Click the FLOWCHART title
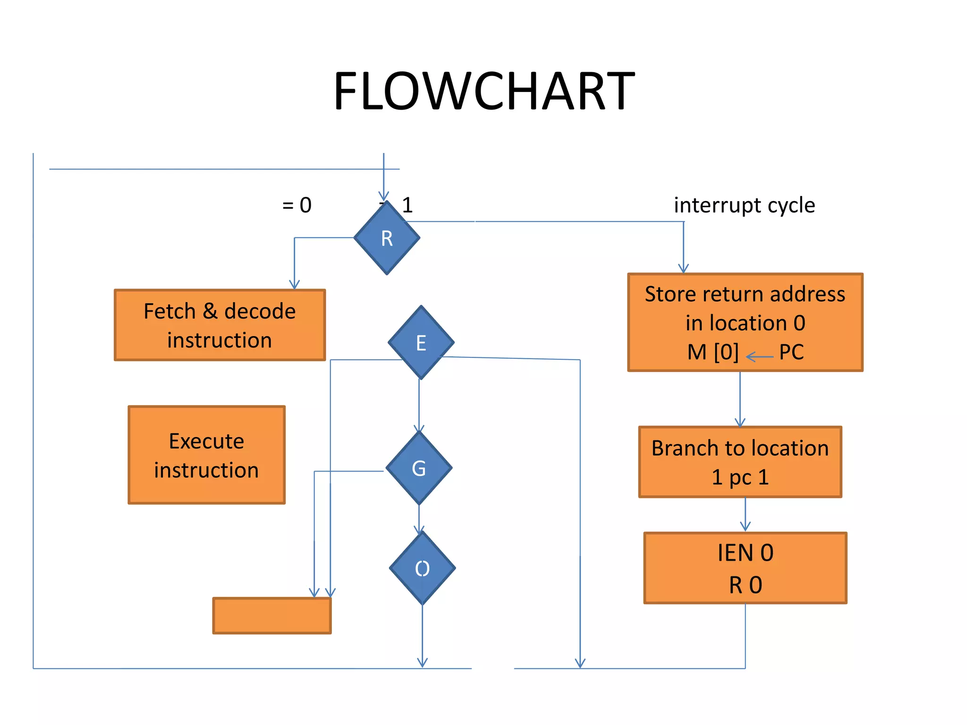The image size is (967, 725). coord(484,91)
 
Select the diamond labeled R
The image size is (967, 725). coord(387,238)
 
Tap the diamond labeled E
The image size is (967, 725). coord(421,343)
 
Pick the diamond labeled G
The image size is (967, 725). coord(419,468)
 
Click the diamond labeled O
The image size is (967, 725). coord(422,568)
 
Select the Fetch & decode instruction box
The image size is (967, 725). coord(220,325)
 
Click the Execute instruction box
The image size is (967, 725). coord(206,455)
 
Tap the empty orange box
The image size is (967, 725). coord(272,615)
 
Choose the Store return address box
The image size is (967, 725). coord(745,322)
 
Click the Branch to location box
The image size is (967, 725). coord(740,462)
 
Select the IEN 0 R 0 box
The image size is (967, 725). coord(745,568)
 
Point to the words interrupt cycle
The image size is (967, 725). coord(744,205)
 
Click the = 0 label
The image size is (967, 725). coord(297,205)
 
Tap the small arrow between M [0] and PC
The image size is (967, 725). coord(759,357)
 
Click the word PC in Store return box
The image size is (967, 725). coord(791,352)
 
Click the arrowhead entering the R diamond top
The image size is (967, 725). coord(384,196)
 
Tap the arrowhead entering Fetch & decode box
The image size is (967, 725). coord(294,284)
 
